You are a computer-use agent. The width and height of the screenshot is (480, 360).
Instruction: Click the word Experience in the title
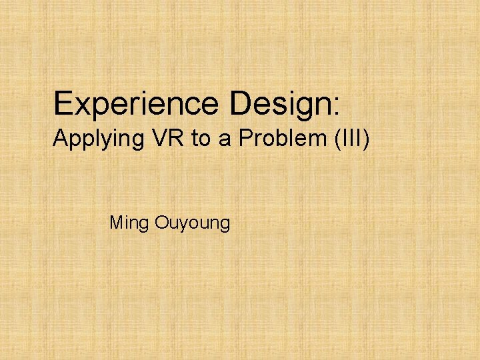click(136, 104)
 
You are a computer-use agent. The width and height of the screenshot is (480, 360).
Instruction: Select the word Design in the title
click(279, 104)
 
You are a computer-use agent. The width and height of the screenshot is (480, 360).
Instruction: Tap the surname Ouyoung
click(192, 223)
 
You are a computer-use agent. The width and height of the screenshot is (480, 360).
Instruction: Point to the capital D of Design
click(241, 103)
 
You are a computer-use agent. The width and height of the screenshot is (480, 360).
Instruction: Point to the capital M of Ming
click(115, 221)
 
